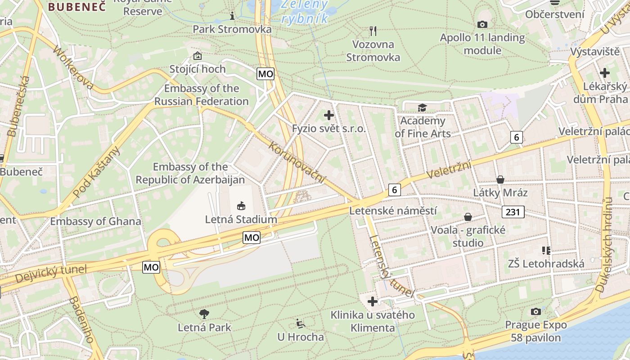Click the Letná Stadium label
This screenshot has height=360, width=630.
(x=241, y=220)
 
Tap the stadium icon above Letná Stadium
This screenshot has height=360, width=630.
(x=241, y=206)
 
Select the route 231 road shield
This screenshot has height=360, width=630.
(x=513, y=212)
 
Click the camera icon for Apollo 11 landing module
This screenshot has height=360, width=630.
(x=482, y=24)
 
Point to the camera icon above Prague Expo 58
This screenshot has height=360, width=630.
(x=535, y=311)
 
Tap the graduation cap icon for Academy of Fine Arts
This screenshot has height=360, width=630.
(x=422, y=108)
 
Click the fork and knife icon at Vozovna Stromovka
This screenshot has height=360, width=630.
(x=373, y=31)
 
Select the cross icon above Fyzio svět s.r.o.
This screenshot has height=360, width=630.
(x=329, y=115)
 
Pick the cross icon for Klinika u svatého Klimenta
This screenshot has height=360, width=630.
(x=373, y=301)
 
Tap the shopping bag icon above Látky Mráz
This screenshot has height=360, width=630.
(x=500, y=180)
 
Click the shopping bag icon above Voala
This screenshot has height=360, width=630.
(x=468, y=217)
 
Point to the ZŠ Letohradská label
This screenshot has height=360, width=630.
(x=546, y=264)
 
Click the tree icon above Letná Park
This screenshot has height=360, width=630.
(x=204, y=314)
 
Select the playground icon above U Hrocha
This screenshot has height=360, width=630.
(x=300, y=324)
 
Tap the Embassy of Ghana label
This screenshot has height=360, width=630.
(x=95, y=221)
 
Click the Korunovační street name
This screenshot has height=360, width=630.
(x=297, y=162)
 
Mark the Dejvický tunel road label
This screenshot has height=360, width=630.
(x=50, y=274)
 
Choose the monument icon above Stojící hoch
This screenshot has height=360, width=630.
(x=197, y=56)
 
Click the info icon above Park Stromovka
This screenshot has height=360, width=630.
(x=232, y=16)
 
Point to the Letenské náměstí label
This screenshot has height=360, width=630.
(x=393, y=211)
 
